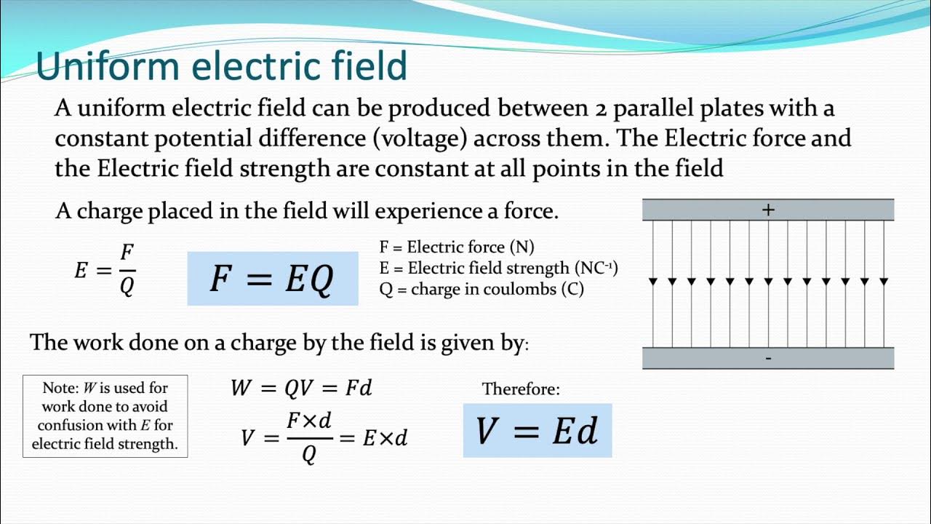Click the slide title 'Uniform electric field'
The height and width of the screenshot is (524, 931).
221,66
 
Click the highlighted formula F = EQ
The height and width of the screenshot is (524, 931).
272,278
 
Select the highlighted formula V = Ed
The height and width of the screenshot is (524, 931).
537,431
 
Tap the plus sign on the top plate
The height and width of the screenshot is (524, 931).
768,210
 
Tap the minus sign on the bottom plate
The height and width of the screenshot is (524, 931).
768,358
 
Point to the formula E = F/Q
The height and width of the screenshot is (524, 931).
105,271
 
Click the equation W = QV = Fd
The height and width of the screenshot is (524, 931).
301,388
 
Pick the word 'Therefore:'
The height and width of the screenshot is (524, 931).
521,389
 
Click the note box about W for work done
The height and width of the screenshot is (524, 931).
105,416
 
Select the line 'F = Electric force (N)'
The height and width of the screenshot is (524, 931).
457,247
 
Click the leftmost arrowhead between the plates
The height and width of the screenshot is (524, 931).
653,281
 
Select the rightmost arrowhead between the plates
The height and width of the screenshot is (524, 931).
884,281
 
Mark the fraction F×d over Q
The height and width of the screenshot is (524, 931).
309,437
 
